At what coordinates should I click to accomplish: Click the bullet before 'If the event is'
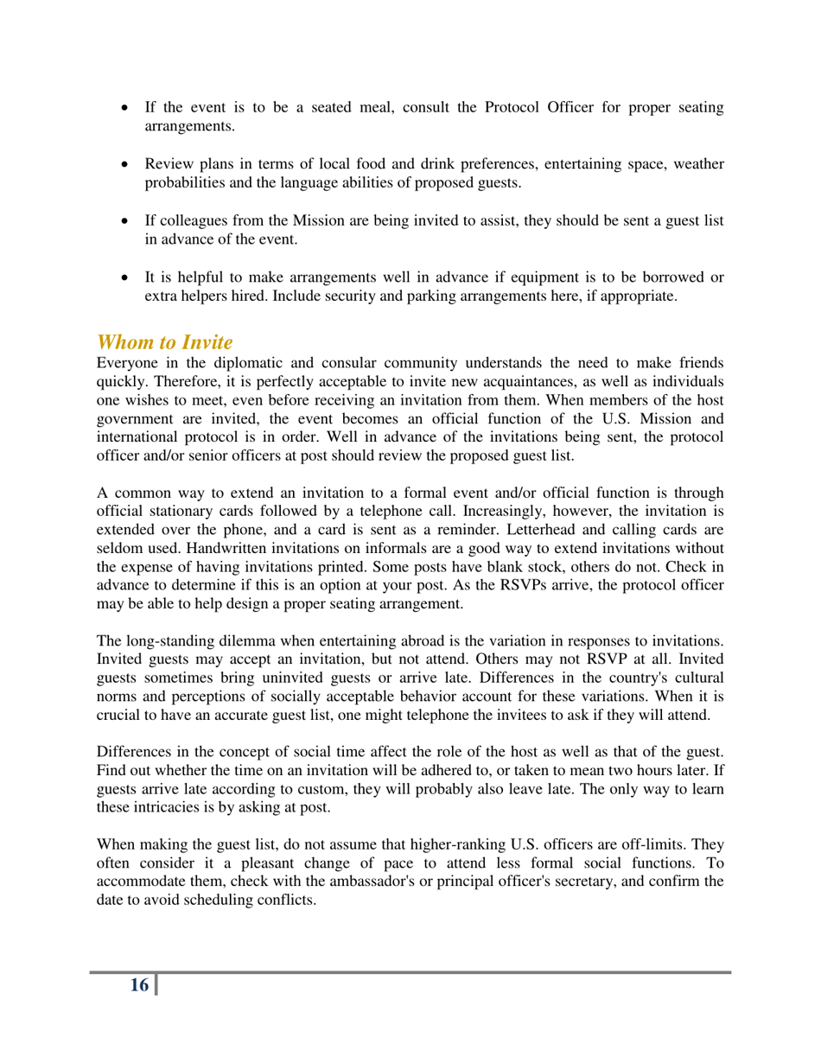pos(128,109)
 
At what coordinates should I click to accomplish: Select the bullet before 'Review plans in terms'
pos(128,163)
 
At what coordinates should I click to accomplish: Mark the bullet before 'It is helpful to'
pos(128,277)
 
